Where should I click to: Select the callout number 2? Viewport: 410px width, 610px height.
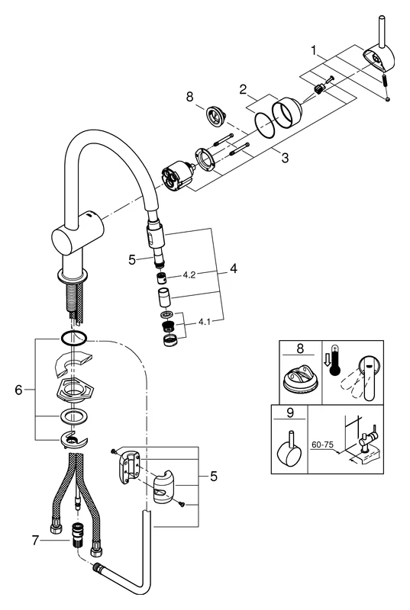(x=242, y=90)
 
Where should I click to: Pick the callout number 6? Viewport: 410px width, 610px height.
(x=20, y=390)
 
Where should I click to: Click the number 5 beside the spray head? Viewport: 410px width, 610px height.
(x=133, y=258)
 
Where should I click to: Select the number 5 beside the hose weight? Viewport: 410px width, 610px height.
(x=213, y=477)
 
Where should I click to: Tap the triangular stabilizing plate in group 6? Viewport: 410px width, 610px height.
(x=74, y=392)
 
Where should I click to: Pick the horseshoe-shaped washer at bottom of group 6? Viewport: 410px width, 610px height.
(x=74, y=438)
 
